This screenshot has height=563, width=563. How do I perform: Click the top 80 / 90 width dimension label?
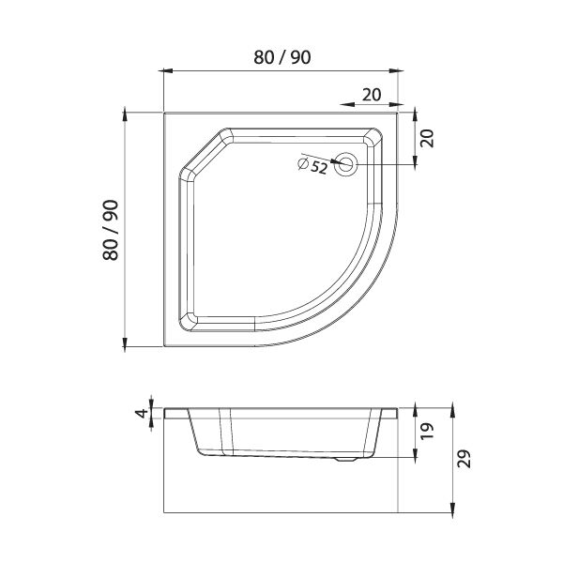(x=281, y=57)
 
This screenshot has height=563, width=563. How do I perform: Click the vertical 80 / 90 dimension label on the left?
(x=110, y=230)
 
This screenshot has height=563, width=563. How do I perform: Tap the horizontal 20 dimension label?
(x=372, y=95)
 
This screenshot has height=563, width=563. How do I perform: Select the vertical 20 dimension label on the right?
(x=427, y=138)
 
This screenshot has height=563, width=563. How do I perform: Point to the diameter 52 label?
(x=313, y=166)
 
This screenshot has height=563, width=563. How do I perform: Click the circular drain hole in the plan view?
(x=345, y=164)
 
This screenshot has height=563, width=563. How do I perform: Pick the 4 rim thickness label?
(x=143, y=413)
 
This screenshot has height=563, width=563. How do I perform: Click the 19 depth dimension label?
(x=427, y=432)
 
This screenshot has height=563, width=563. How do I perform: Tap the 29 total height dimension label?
(x=464, y=459)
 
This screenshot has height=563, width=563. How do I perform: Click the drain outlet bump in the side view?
(x=345, y=459)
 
